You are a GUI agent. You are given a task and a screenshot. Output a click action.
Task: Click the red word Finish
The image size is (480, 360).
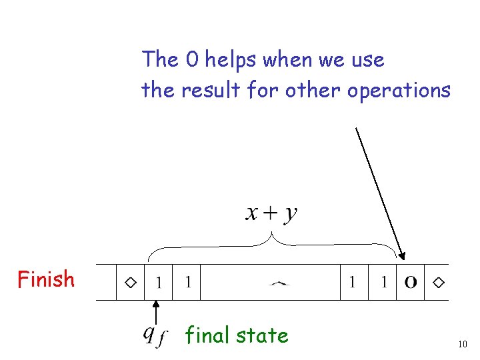click(x=46, y=279)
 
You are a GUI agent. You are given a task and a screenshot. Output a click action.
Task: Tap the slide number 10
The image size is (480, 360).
click(x=463, y=344)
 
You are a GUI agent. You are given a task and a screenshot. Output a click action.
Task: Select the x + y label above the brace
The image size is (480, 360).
click(x=272, y=213)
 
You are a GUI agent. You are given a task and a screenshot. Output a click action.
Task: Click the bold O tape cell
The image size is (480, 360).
click(x=411, y=283)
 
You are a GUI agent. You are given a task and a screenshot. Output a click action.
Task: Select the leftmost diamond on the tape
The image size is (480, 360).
click(x=131, y=283)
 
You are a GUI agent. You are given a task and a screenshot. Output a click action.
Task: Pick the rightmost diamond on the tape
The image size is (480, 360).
click(x=438, y=283)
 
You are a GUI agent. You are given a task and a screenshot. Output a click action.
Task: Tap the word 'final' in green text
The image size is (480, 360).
click(x=207, y=335)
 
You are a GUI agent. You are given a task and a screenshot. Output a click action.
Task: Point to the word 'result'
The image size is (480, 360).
click(x=206, y=90)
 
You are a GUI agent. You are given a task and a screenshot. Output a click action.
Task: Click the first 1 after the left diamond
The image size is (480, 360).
click(x=158, y=283)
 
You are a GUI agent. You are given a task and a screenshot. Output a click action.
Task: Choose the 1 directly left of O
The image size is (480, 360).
click(x=384, y=283)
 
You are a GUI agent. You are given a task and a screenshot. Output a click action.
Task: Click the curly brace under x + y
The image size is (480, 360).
click(x=272, y=244)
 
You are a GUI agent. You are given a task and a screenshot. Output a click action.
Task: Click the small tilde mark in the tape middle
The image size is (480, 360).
click(x=279, y=284)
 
